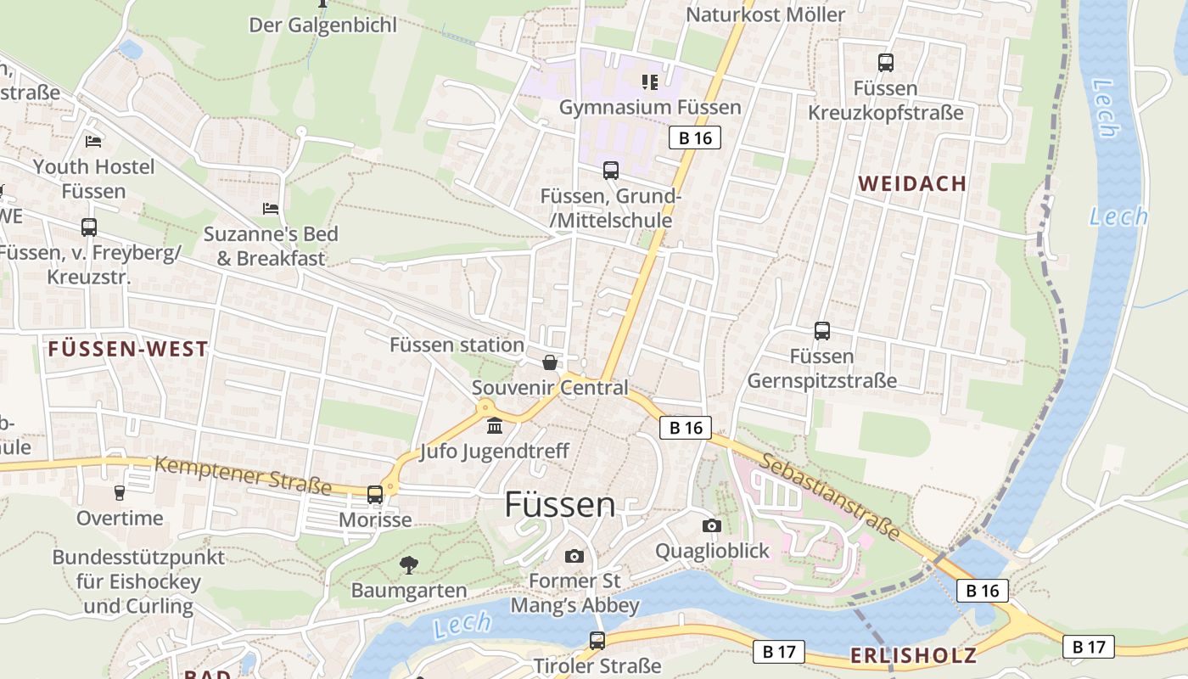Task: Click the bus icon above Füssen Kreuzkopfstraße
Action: [885, 62]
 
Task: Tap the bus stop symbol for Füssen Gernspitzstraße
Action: [821, 331]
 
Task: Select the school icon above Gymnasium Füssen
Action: [650, 82]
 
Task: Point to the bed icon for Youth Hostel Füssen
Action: [93, 141]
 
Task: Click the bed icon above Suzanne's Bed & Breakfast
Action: [271, 208]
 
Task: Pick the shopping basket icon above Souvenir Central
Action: [550, 363]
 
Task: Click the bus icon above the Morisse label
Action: [375, 494]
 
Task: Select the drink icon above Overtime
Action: [120, 492]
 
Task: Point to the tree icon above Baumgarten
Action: [409, 564]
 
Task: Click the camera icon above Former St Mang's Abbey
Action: [574, 556]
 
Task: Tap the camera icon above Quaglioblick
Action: [712, 525]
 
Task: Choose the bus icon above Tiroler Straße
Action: [597, 640]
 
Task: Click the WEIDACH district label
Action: [912, 183]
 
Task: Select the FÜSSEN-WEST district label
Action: [128, 348]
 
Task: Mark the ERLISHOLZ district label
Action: [913, 655]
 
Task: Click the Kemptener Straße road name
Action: [243, 475]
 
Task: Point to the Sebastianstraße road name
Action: [829, 497]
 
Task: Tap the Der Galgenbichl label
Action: [322, 25]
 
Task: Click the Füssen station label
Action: [457, 345]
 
